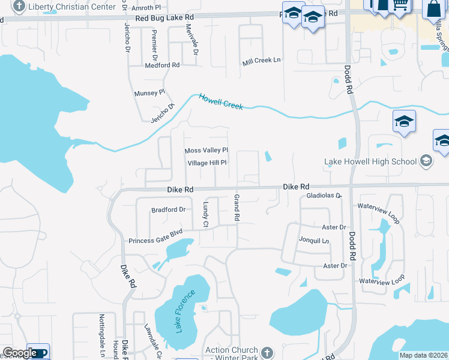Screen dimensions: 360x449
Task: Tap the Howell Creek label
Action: click(x=221, y=101)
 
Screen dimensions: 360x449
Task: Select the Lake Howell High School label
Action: click(x=370, y=161)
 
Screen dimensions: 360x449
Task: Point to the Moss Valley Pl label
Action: click(x=206, y=151)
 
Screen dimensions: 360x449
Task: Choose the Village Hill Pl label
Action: click(x=206, y=163)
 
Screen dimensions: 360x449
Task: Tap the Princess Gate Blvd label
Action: click(x=155, y=241)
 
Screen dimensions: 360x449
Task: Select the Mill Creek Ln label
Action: click(x=261, y=60)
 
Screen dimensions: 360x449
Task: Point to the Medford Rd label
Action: click(x=161, y=65)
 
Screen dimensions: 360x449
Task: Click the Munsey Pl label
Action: click(x=149, y=93)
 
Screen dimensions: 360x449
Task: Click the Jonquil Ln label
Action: click(x=314, y=241)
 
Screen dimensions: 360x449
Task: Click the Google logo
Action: click(x=20, y=353)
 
